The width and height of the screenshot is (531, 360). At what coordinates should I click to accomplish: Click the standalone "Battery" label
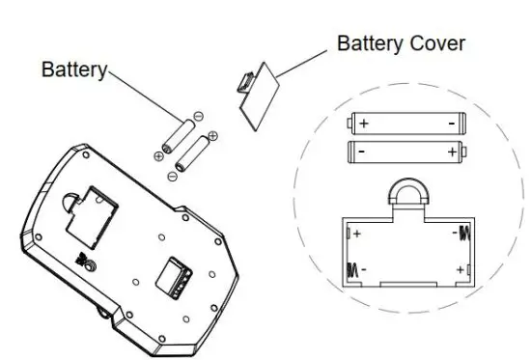(72, 70)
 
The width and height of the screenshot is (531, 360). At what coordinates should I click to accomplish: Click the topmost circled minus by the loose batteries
(198, 117)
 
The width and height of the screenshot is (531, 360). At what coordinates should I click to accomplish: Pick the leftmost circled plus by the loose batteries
(158, 154)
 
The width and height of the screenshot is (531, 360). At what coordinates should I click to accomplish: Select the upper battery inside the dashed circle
(405, 124)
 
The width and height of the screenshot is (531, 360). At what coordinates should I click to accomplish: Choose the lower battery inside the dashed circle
(405, 152)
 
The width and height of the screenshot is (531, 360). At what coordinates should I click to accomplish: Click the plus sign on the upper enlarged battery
(364, 124)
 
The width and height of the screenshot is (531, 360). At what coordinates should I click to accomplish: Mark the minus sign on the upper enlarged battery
(449, 124)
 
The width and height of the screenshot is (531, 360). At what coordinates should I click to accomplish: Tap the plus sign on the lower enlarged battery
(451, 152)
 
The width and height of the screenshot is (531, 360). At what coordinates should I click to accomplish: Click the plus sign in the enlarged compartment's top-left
(357, 234)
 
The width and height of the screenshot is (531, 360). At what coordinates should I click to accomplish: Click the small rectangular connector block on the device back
(177, 276)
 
